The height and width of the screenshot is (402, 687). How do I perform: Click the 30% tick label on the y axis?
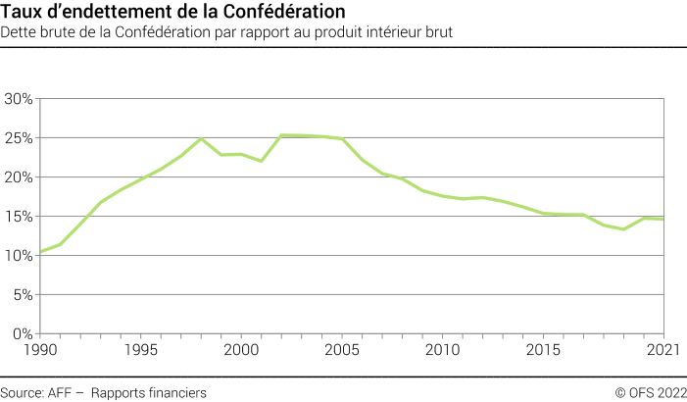[x=19, y=99]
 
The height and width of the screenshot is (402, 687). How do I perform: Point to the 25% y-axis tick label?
[x=19, y=138]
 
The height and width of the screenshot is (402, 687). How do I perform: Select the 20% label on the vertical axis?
[x=19, y=177]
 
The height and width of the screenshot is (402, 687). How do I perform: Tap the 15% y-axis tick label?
[x=19, y=217]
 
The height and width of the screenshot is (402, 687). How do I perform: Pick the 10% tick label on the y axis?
[x=19, y=256]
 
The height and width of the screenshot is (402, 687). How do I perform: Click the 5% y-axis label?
[x=23, y=295]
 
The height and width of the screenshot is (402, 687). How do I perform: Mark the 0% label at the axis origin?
[x=23, y=334]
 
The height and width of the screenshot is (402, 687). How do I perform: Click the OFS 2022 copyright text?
[x=651, y=392]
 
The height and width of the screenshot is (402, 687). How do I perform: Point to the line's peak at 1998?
[x=201, y=138]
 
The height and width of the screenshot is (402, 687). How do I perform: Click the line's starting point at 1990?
[x=40, y=252]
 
